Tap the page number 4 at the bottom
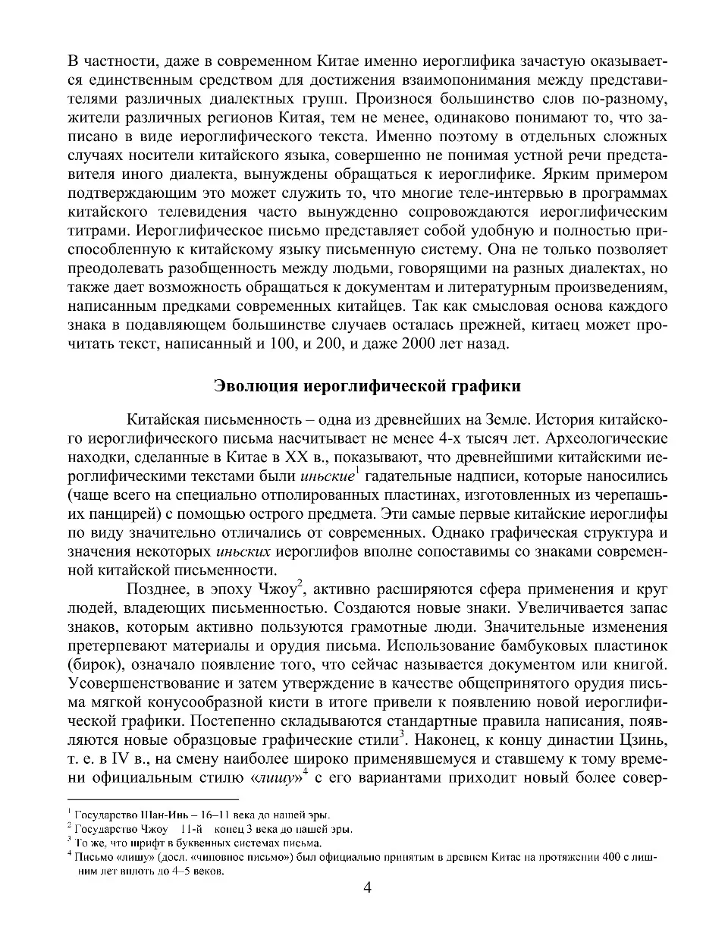367,890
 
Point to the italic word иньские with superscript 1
326,477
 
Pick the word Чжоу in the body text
276,589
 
